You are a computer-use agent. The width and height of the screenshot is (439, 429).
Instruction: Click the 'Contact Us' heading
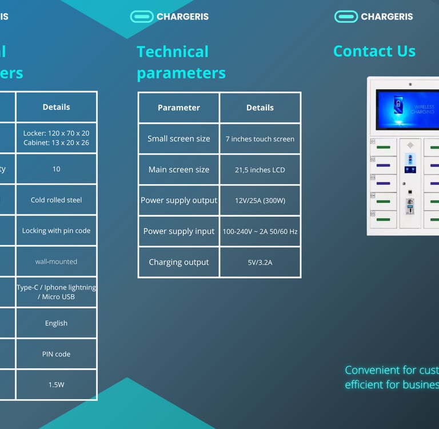[374, 51]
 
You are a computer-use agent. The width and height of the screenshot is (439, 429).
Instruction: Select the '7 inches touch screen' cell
[260, 139]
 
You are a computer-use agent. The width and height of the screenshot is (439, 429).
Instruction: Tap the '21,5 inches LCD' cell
[260, 170]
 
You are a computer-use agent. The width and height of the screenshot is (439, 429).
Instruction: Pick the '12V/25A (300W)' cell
[260, 201]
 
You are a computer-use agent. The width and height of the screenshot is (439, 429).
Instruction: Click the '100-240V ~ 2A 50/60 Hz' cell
[260, 232]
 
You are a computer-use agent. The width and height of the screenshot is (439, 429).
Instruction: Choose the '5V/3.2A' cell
[260, 263]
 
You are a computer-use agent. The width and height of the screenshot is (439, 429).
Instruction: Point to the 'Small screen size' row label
[179, 139]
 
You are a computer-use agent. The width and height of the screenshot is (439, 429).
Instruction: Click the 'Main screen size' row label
[179, 170]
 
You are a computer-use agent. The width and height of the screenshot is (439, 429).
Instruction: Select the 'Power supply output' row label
[179, 201]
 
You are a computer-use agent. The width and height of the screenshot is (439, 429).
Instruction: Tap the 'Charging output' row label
[179, 263]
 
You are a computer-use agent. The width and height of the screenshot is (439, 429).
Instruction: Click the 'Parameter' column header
[179, 108]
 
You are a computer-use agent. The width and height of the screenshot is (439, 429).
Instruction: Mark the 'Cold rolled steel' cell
[56, 200]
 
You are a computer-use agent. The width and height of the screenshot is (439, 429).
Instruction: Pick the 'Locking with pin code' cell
[56, 231]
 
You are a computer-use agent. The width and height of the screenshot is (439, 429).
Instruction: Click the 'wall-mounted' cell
[56, 261]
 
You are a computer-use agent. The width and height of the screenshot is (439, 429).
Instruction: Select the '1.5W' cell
[56, 385]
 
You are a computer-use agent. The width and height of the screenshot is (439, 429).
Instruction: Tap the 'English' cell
[56, 323]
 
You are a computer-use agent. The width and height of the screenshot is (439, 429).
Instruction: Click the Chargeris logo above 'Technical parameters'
[169, 17]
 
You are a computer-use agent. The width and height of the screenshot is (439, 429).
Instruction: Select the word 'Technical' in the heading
[173, 52]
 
